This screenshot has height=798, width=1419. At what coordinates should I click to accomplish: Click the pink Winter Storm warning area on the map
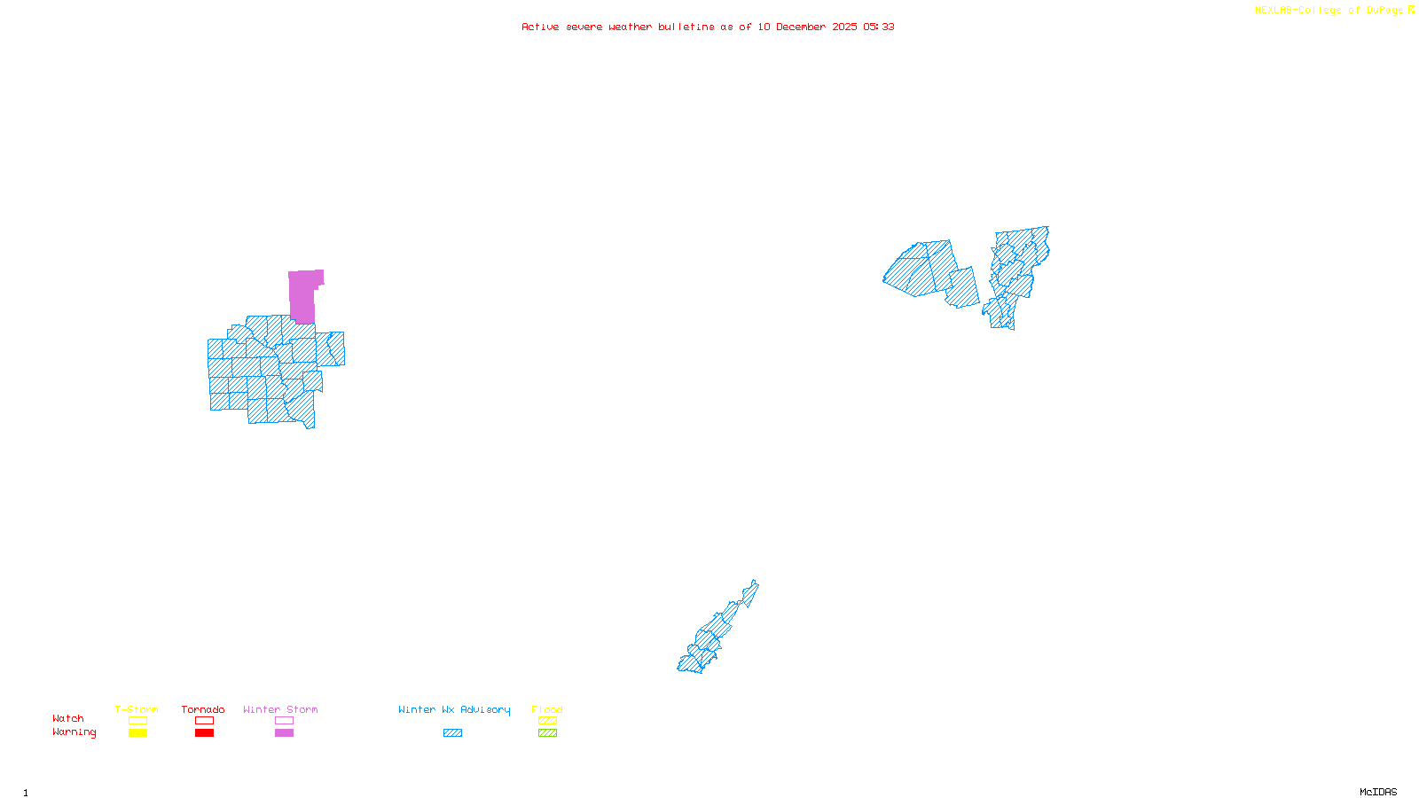pyautogui.click(x=302, y=294)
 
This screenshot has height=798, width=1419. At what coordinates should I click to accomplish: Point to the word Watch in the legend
pyautogui.click(x=68, y=719)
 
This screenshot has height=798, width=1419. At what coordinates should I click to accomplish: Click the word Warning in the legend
pyautogui.click(x=74, y=732)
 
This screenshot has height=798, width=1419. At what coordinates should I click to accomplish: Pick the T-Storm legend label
pyautogui.click(x=137, y=709)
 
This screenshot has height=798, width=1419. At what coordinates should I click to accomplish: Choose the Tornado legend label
pyautogui.click(x=203, y=709)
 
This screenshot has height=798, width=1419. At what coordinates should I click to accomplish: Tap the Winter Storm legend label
pyautogui.click(x=280, y=709)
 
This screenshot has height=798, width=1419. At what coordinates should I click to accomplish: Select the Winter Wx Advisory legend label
pyautogui.click(x=454, y=709)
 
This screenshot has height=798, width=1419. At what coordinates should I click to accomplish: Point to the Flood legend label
pyautogui.click(x=547, y=709)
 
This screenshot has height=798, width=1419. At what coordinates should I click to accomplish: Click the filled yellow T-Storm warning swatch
pyautogui.click(x=137, y=733)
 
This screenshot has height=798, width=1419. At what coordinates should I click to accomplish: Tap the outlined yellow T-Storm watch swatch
pyautogui.click(x=137, y=721)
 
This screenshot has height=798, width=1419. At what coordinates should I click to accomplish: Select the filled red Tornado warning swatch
pyautogui.click(x=205, y=733)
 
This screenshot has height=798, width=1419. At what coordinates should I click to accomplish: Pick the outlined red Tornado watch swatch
pyautogui.click(x=205, y=721)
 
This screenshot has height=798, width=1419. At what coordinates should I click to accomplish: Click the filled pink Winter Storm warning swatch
pyautogui.click(x=284, y=733)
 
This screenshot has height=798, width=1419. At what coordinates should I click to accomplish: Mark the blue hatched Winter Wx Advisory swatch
pyautogui.click(x=452, y=733)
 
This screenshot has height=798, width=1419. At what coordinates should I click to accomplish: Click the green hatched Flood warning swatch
pyautogui.click(x=548, y=733)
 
